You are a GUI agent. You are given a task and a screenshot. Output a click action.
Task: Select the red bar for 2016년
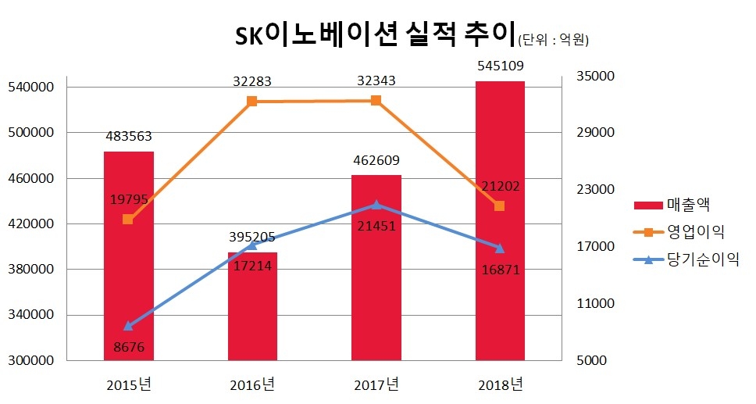click(252, 313)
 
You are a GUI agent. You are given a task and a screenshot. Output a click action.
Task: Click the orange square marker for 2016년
click(252, 102)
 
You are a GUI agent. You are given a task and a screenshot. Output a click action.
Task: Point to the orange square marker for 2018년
click(500, 206)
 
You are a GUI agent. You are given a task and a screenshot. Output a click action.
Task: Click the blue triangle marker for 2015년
click(129, 326)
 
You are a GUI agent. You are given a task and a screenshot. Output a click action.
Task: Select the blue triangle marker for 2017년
click(376, 205)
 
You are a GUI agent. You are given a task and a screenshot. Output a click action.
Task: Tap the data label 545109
click(500, 66)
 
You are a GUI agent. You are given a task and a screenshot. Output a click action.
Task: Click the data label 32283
click(252, 80)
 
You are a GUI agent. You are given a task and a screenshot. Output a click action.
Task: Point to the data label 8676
click(129, 347)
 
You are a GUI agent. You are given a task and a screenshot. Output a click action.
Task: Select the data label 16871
click(500, 270)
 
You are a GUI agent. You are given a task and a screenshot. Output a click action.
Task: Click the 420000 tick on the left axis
click(30, 224)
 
